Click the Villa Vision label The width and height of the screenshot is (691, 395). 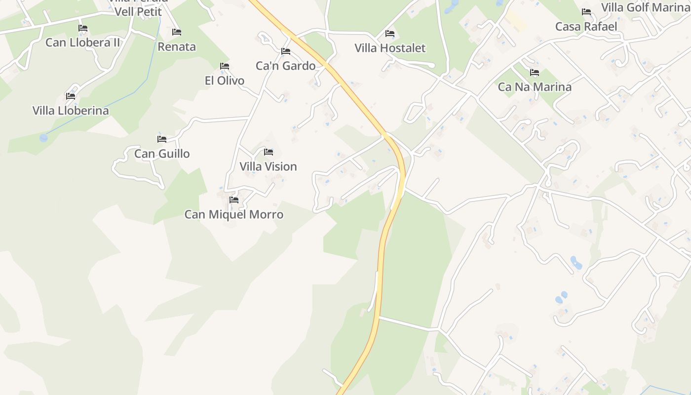[x=268, y=166]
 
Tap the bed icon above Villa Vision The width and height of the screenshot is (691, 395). [x=269, y=152]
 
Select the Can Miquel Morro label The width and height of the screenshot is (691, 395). [x=234, y=214]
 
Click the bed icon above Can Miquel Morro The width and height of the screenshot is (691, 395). [x=234, y=200]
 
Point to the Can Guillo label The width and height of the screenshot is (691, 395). [x=162, y=154]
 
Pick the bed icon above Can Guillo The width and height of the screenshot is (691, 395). [x=162, y=139]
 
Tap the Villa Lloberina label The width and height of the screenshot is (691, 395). [x=71, y=110]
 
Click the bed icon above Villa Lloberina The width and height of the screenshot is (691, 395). [x=71, y=96]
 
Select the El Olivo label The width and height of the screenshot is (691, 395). [x=225, y=80]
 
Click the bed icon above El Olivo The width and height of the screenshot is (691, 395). [x=225, y=66]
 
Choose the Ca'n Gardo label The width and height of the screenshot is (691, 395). [x=285, y=66]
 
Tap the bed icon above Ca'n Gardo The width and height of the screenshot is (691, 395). [x=285, y=51]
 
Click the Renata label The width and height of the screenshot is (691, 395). [x=177, y=47]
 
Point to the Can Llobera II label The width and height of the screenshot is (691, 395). [x=83, y=42]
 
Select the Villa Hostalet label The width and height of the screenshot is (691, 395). [x=390, y=48]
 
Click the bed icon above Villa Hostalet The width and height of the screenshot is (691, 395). [x=390, y=34]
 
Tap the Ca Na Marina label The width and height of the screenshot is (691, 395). [x=535, y=87]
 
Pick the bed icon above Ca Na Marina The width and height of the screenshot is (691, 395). [x=535, y=73]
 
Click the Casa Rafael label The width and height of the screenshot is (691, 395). [x=586, y=26]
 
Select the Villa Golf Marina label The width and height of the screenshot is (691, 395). [x=645, y=7]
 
